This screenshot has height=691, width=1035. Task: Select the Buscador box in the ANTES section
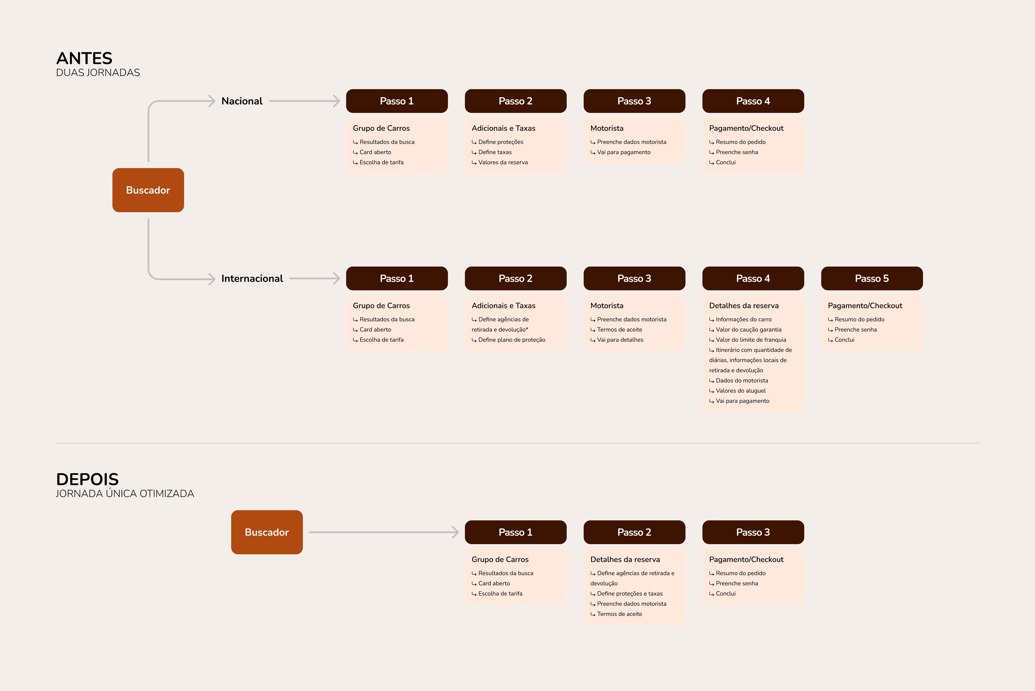pos(148,190)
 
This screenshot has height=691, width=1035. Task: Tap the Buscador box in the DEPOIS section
pos(266,532)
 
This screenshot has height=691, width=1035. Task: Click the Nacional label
pos(242,101)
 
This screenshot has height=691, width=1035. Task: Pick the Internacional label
pos(252,278)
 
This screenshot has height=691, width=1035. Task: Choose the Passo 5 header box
pos(872,278)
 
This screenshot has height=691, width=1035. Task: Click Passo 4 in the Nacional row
pos(753,101)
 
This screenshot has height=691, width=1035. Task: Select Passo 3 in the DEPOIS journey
pos(753,532)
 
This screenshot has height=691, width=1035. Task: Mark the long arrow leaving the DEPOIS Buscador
pos(383,532)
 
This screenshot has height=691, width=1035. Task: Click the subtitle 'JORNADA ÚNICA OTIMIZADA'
pos(125,494)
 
